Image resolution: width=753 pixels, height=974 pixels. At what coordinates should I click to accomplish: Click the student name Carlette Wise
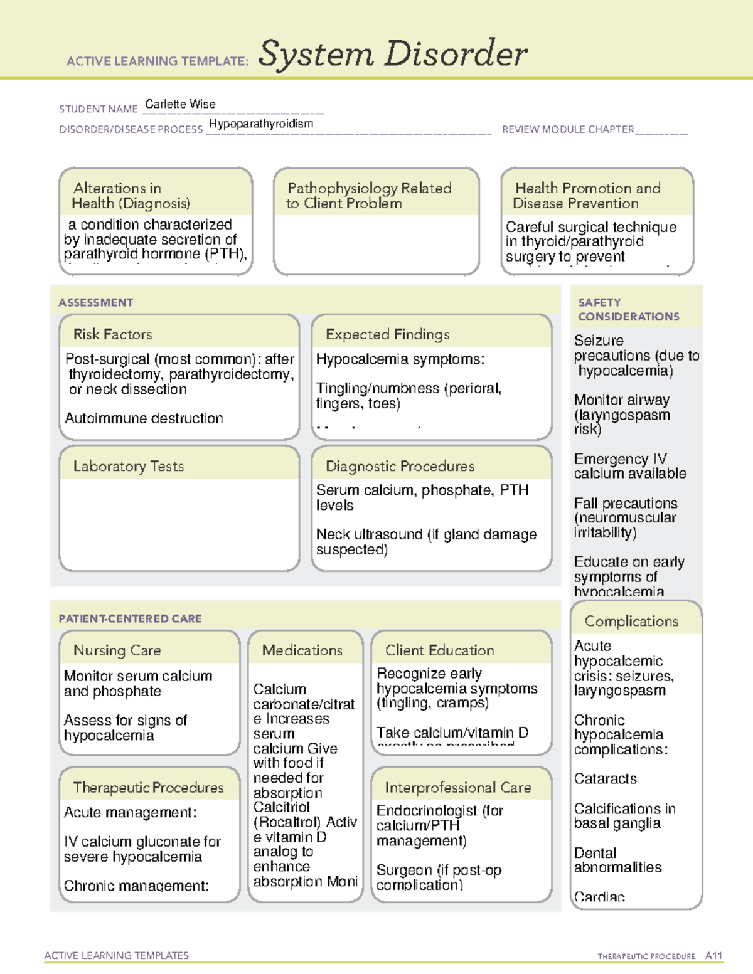tap(180, 104)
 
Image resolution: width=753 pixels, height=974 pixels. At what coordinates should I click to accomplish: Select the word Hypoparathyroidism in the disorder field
tap(261, 124)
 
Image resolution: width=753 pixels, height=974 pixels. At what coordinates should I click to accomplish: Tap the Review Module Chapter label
tap(568, 129)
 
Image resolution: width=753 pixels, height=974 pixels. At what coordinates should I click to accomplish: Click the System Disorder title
tap(393, 54)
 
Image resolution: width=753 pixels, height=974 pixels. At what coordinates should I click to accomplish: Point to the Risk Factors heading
tap(112, 334)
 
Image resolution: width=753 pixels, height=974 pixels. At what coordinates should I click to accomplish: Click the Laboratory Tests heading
tap(129, 466)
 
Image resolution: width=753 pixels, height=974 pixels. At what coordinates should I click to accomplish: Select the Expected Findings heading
tap(388, 334)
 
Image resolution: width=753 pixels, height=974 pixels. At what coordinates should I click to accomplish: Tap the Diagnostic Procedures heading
tap(400, 466)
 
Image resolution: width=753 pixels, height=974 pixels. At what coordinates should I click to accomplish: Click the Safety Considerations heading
tap(628, 309)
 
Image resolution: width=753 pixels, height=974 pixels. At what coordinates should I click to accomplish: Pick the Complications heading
tap(631, 621)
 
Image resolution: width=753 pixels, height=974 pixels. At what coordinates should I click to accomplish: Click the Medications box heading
tap(302, 650)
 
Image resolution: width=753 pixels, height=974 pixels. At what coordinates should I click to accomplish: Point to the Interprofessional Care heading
tap(458, 787)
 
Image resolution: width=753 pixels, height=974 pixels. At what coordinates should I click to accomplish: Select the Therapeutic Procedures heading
tap(148, 787)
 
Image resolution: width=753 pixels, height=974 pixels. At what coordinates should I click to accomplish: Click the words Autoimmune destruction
tap(144, 418)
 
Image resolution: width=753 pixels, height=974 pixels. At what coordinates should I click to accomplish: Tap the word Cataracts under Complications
tap(606, 779)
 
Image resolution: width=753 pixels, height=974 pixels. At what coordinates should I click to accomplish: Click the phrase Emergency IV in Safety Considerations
tap(620, 459)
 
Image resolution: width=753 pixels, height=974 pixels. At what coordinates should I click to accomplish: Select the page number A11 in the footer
tap(713, 955)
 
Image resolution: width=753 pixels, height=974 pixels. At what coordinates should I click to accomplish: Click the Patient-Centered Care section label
tap(130, 618)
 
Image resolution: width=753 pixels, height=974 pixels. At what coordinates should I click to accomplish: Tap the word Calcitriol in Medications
tap(281, 807)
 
